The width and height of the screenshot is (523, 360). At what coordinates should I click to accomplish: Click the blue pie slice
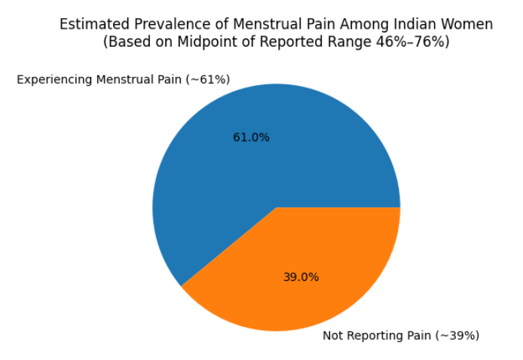coord(253,160)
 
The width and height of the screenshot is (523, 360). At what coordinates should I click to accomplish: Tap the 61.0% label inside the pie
coord(251,137)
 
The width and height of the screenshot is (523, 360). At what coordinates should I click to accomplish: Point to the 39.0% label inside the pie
coord(301,277)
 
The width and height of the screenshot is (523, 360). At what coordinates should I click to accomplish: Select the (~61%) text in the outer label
coord(208,80)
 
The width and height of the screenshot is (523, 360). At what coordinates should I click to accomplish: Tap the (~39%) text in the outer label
coord(457,335)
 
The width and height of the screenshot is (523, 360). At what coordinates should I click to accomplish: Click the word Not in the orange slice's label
coord(332,335)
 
